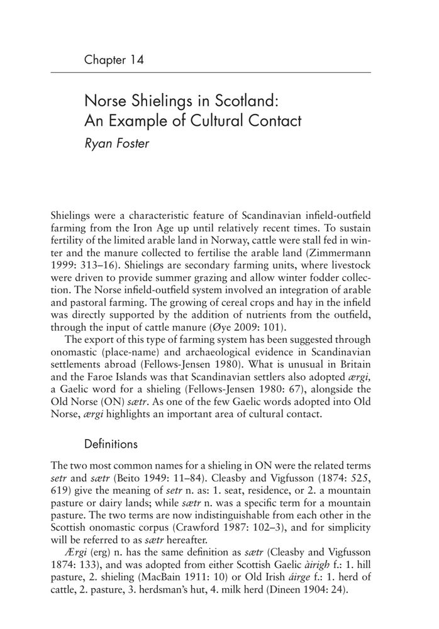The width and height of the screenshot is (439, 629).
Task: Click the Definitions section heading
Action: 111,443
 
